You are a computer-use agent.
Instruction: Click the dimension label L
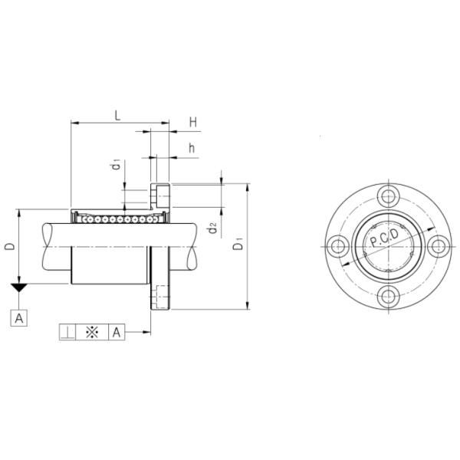click(x=117, y=115)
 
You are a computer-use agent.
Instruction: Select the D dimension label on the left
click(x=8, y=246)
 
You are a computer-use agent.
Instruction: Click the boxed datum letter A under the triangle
click(x=19, y=317)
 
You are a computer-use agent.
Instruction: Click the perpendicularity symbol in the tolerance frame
click(x=68, y=332)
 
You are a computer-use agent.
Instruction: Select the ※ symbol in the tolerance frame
click(x=92, y=332)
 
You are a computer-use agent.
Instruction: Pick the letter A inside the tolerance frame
click(x=116, y=332)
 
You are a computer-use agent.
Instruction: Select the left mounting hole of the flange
click(x=336, y=246)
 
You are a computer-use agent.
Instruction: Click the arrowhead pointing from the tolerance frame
click(x=146, y=332)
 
